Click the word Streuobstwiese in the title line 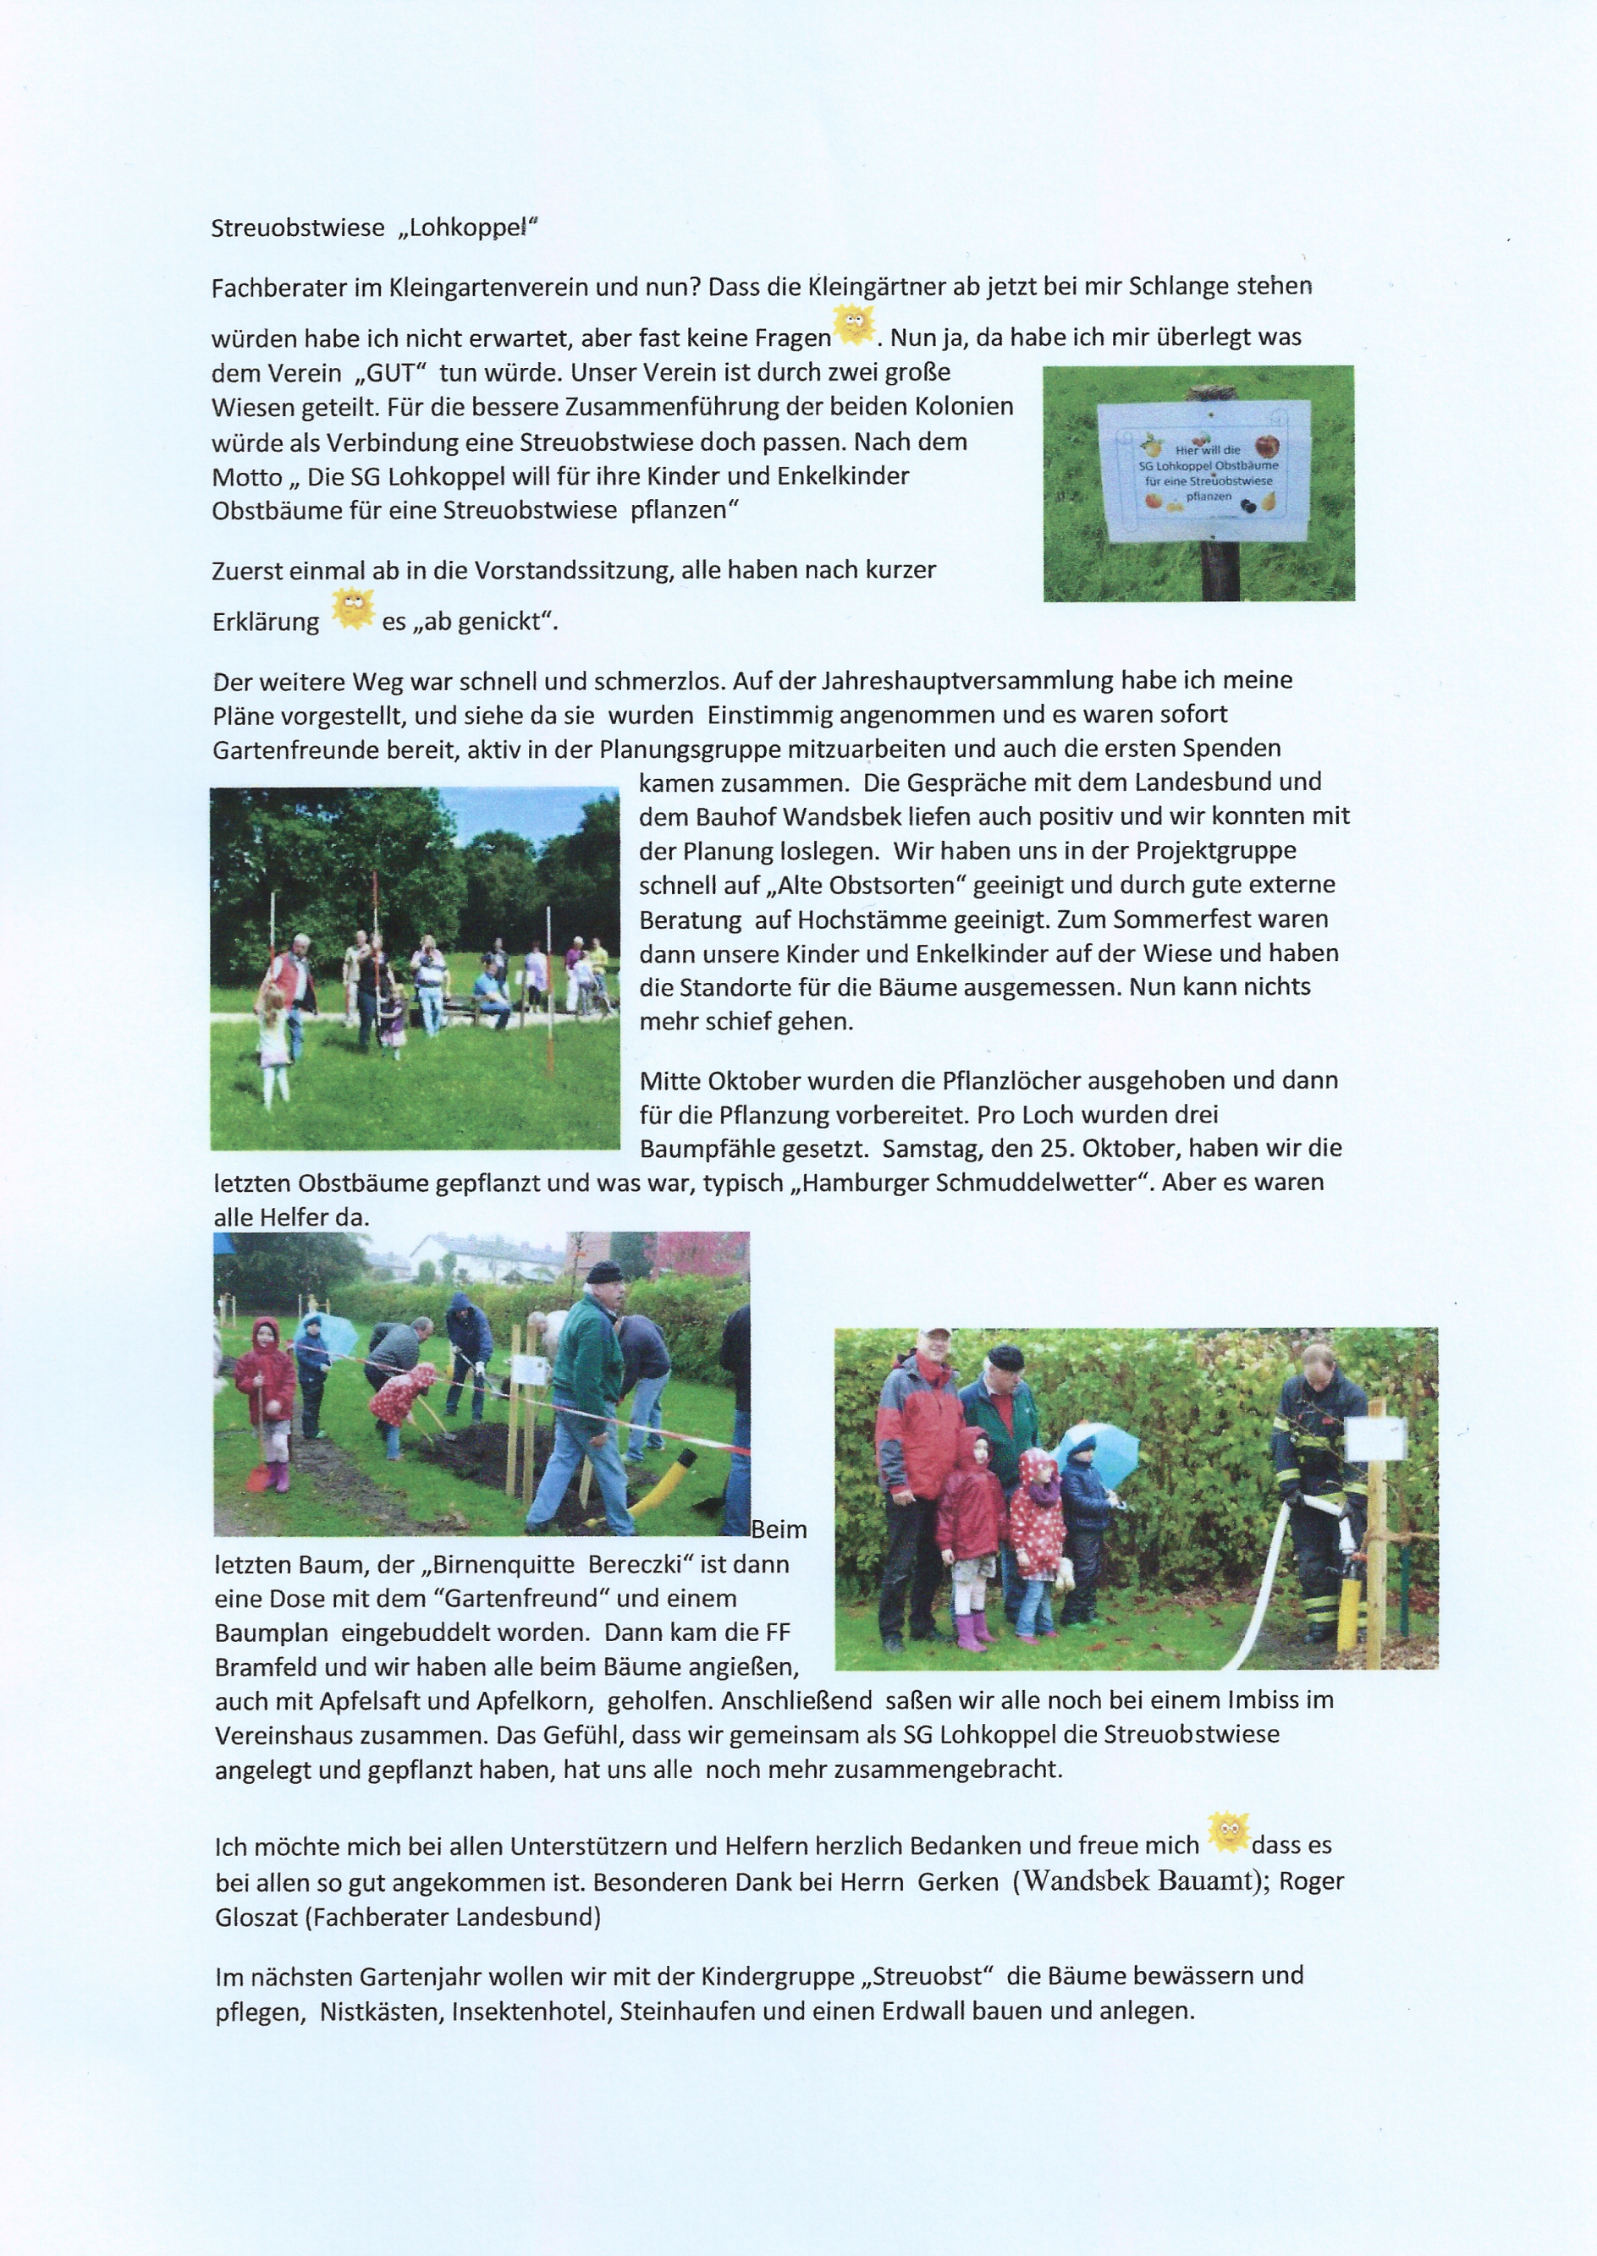tap(298, 228)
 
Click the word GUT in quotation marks tap(390, 372)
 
